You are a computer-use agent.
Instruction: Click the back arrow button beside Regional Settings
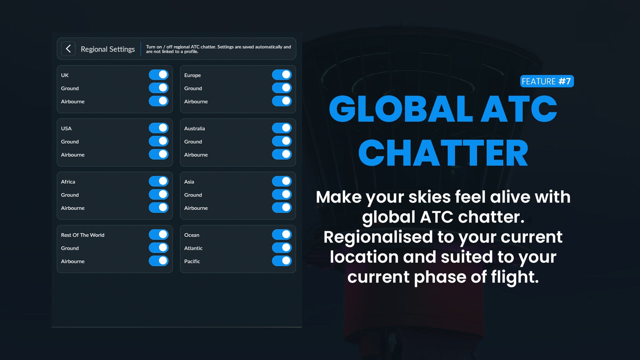click(68, 48)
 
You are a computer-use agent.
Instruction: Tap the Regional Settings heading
click(108, 49)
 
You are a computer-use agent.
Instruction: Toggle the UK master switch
click(158, 75)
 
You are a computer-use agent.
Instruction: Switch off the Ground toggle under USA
click(158, 141)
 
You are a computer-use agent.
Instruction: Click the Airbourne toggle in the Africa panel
click(158, 208)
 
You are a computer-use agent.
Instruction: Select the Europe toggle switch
click(282, 75)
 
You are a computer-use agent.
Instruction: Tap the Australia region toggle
click(282, 128)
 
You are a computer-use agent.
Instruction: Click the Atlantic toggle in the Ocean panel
click(282, 248)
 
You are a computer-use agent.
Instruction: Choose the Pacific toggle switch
click(282, 261)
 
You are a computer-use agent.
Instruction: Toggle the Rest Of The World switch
click(158, 234)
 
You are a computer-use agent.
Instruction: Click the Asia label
click(189, 182)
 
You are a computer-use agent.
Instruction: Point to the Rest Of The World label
click(82, 235)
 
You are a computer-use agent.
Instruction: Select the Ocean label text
click(192, 235)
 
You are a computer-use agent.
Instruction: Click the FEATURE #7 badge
click(547, 81)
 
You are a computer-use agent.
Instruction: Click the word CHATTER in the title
click(443, 152)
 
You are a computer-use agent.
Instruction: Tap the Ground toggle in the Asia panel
click(282, 194)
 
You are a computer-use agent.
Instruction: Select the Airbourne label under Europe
click(196, 102)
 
